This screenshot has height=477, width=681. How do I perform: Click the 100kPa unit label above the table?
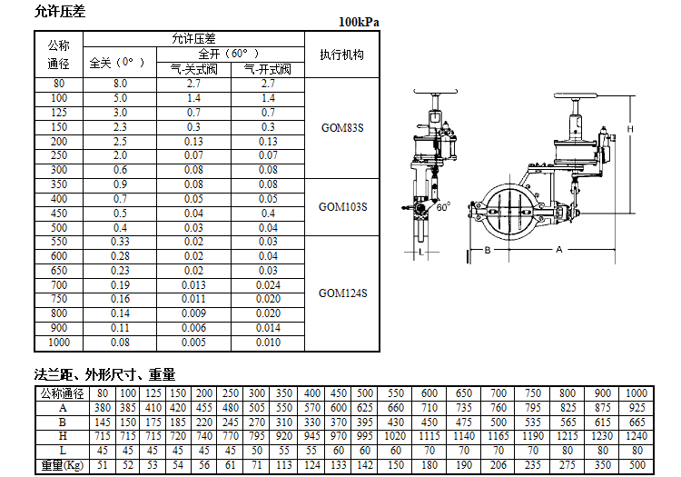coord(359,21)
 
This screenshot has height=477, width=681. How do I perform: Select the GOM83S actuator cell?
coord(342,127)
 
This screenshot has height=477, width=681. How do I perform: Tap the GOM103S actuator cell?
coord(342,206)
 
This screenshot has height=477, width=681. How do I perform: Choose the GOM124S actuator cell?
coord(342,293)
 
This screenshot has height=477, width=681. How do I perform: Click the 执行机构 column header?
coord(342,55)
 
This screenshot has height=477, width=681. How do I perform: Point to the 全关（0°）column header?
coord(118,63)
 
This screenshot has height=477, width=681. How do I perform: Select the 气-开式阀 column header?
coord(268,70)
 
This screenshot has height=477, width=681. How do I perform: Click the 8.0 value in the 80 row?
coord(120,84)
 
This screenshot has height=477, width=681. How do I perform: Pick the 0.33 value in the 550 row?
coord(120,242)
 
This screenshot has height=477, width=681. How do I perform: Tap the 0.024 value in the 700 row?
coord(268,284)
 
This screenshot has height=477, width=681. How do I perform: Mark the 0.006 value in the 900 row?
coord(193,328)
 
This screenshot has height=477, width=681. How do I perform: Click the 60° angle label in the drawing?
coord(442,207)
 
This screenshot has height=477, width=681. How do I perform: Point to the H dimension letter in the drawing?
coord(630,130)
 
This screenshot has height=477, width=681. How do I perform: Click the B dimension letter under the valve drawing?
coord(487,249)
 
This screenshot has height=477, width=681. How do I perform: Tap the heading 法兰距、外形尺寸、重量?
coord(104,373)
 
